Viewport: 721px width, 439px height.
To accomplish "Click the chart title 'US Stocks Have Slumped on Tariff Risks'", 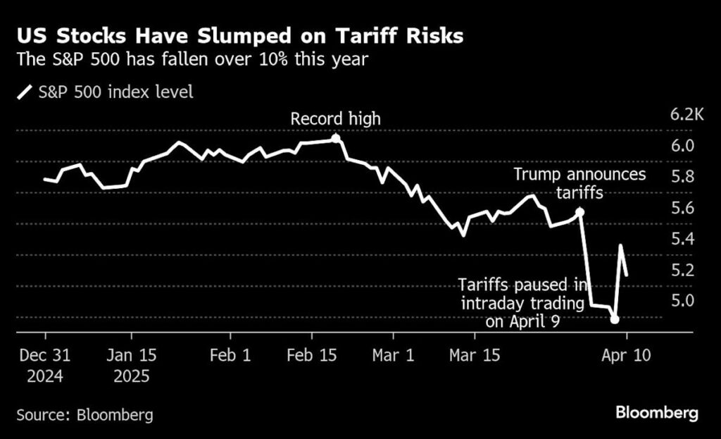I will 239,36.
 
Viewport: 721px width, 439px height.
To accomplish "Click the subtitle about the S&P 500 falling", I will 192,59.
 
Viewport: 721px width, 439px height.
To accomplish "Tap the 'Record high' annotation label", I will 336,118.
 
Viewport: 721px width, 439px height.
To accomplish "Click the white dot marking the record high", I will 336,139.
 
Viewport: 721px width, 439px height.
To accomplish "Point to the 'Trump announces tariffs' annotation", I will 579,183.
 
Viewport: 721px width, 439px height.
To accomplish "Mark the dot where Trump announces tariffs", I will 579,211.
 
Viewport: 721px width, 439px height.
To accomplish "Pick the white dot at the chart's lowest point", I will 615,319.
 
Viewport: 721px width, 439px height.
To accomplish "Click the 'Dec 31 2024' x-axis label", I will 45,365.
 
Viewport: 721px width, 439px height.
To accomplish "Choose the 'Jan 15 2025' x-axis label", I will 132,365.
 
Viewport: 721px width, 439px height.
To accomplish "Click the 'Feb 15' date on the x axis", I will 313,355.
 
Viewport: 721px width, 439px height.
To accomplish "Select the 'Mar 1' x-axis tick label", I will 394,355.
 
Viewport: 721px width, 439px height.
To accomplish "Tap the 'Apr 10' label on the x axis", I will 627,355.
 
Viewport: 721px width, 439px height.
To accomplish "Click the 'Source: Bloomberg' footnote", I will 84,414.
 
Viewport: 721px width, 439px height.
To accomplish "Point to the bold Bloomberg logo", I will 657,413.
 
